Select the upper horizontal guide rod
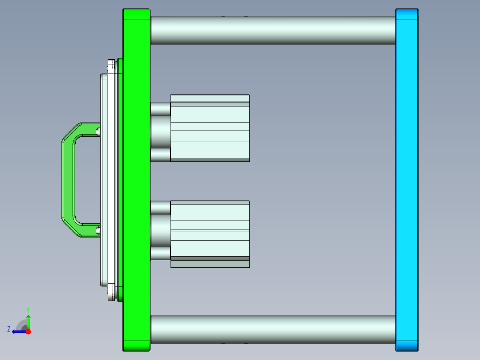pyautogui.click(x=273, y=30)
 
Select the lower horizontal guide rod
pyautogui.click(x=273, y=329)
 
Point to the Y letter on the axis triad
pyautogui.click(x=28, y=309)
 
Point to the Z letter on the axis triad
pyautogui.click(x=9, y=329)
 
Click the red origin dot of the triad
pyautogui.click(x=28, y=331)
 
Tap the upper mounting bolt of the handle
pyautogui.click(x=98, y=131)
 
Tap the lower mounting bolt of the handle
pyautogui.click(x=98, y=230)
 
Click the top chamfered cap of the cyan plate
pyautogui.click(x=407, y=14)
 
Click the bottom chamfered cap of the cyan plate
pyautogui.click(x=407, y=345)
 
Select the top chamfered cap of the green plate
pyautogui.click(x=136, y=14)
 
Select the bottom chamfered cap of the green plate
pyautogui.click(x=136, y=345)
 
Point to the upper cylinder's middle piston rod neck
pyautogui.click(x=160, y=132)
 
